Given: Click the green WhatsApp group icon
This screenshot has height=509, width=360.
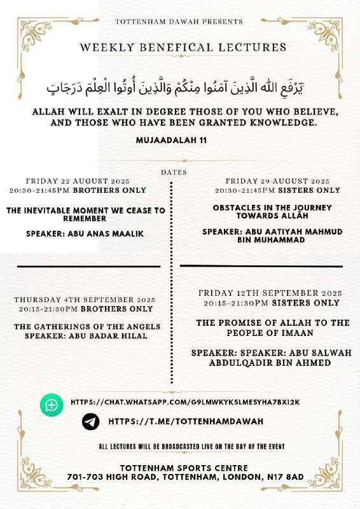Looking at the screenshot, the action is (x=52, y=405).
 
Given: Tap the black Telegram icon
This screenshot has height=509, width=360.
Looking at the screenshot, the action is (x=91, y=421).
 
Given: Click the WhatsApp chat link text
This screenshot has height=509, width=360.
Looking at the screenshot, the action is (x=185, y=402).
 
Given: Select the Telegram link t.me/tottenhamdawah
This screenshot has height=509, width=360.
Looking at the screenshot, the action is (x=186, y=421).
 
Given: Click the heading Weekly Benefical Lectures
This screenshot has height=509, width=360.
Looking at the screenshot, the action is (x=183, y=47).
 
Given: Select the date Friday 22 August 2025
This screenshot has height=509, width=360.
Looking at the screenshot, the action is (x=77, y=181).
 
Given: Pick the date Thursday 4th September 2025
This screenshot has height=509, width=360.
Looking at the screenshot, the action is (x=83, y=299).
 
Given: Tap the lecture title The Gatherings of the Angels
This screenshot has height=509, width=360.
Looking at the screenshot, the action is (x=87, y=326).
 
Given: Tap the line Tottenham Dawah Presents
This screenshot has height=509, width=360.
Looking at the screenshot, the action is (x=179, y=22).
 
